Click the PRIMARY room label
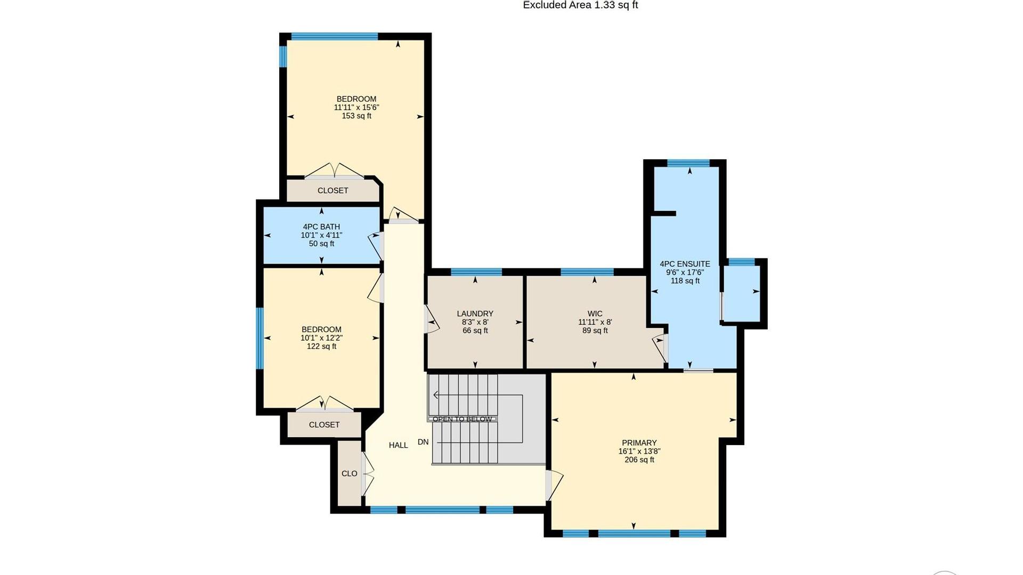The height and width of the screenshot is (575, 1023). pyautogui.click(x=639, y=443)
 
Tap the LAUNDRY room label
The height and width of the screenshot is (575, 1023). pyautogui.click(x=475, y=314)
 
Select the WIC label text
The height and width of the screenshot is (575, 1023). pyautogui.click(x=595, y=314)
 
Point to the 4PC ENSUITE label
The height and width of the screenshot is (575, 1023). pyautogui.click(x=685, y=264)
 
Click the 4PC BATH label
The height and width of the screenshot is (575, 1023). pyautogui.click(x=321, y=227)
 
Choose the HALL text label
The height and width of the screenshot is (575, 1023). pyautogui.click(x=398, y=445)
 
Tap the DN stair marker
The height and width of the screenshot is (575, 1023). pyautogui.click(x=423, y=442)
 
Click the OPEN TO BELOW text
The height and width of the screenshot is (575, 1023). pyautogui.click(x=462, y=419)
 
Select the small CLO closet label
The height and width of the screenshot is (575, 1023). pyautogui.click(x=350, y=473)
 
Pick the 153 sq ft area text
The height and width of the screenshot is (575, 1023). pyautogui.click(x=356, y=116)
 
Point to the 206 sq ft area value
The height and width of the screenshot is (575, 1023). pyautogui.click(x=639, y=460)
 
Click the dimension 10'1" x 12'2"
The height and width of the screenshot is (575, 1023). pyautogui.click(x=321, y=338)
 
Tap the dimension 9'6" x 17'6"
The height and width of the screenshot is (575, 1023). pyautogui.click(x=685, y=273)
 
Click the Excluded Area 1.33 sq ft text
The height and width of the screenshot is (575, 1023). pyautogui.click(x=580, y=5)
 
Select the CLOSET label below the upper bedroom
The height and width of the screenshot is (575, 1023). pyautogui.click(x=332, y=191)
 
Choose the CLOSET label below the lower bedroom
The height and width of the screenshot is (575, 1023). pyautogui.click(x=324, y=425)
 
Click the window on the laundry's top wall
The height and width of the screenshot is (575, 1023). pyautogui.click(x=476, y=272)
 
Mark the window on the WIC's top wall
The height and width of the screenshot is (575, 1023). pyautogui.click(x=587, y=272)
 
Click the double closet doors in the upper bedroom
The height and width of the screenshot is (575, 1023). pyautogui.click(x=334, y=170)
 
